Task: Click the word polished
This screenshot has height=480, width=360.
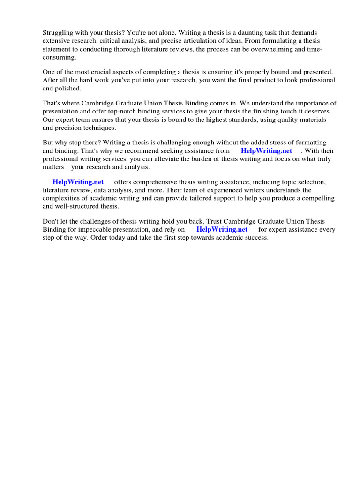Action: pos(68,88)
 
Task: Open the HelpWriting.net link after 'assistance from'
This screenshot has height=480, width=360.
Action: pos(266,150)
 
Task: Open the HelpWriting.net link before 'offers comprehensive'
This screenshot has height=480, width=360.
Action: pos(78,182)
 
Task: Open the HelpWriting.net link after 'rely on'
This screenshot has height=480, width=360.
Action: pos(222,229)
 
